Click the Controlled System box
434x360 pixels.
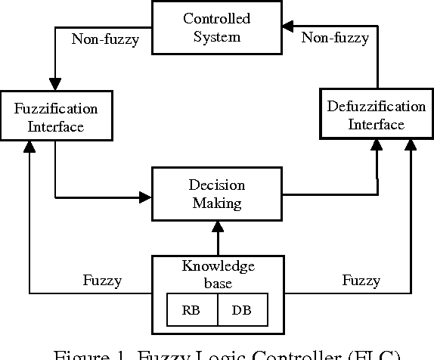click(216, 27)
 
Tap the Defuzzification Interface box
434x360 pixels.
click(376, 116)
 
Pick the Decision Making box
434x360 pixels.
click(216, 194)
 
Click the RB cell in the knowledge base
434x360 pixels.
click(192, 309)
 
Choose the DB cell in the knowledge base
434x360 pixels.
click(242, 309)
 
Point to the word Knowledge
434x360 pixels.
click(218, 266)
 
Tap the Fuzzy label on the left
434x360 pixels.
click(102, 281)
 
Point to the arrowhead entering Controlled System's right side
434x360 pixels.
click(287, 27)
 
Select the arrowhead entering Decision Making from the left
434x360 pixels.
click(146, 198)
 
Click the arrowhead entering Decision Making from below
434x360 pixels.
click(217, 225)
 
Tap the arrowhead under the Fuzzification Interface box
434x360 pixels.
click(29, 149)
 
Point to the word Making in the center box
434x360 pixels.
click(216, 203)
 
